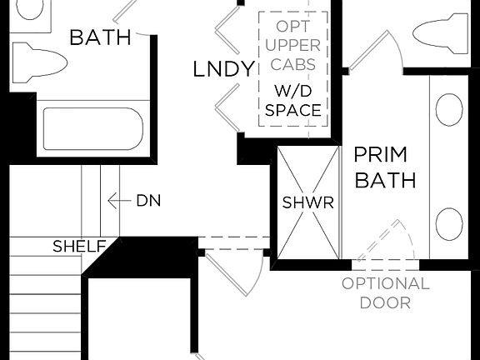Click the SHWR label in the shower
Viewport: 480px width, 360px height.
308,202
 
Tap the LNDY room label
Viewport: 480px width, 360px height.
223,69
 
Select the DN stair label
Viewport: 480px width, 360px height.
147,201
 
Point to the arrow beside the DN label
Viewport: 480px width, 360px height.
120,201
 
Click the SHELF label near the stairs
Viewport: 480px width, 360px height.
79,247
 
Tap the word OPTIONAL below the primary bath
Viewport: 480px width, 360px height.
385,283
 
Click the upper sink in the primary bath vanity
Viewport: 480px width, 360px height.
450,108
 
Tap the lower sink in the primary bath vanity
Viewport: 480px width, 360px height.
450,223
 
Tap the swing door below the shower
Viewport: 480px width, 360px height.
233,272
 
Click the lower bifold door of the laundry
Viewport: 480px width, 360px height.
227,110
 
